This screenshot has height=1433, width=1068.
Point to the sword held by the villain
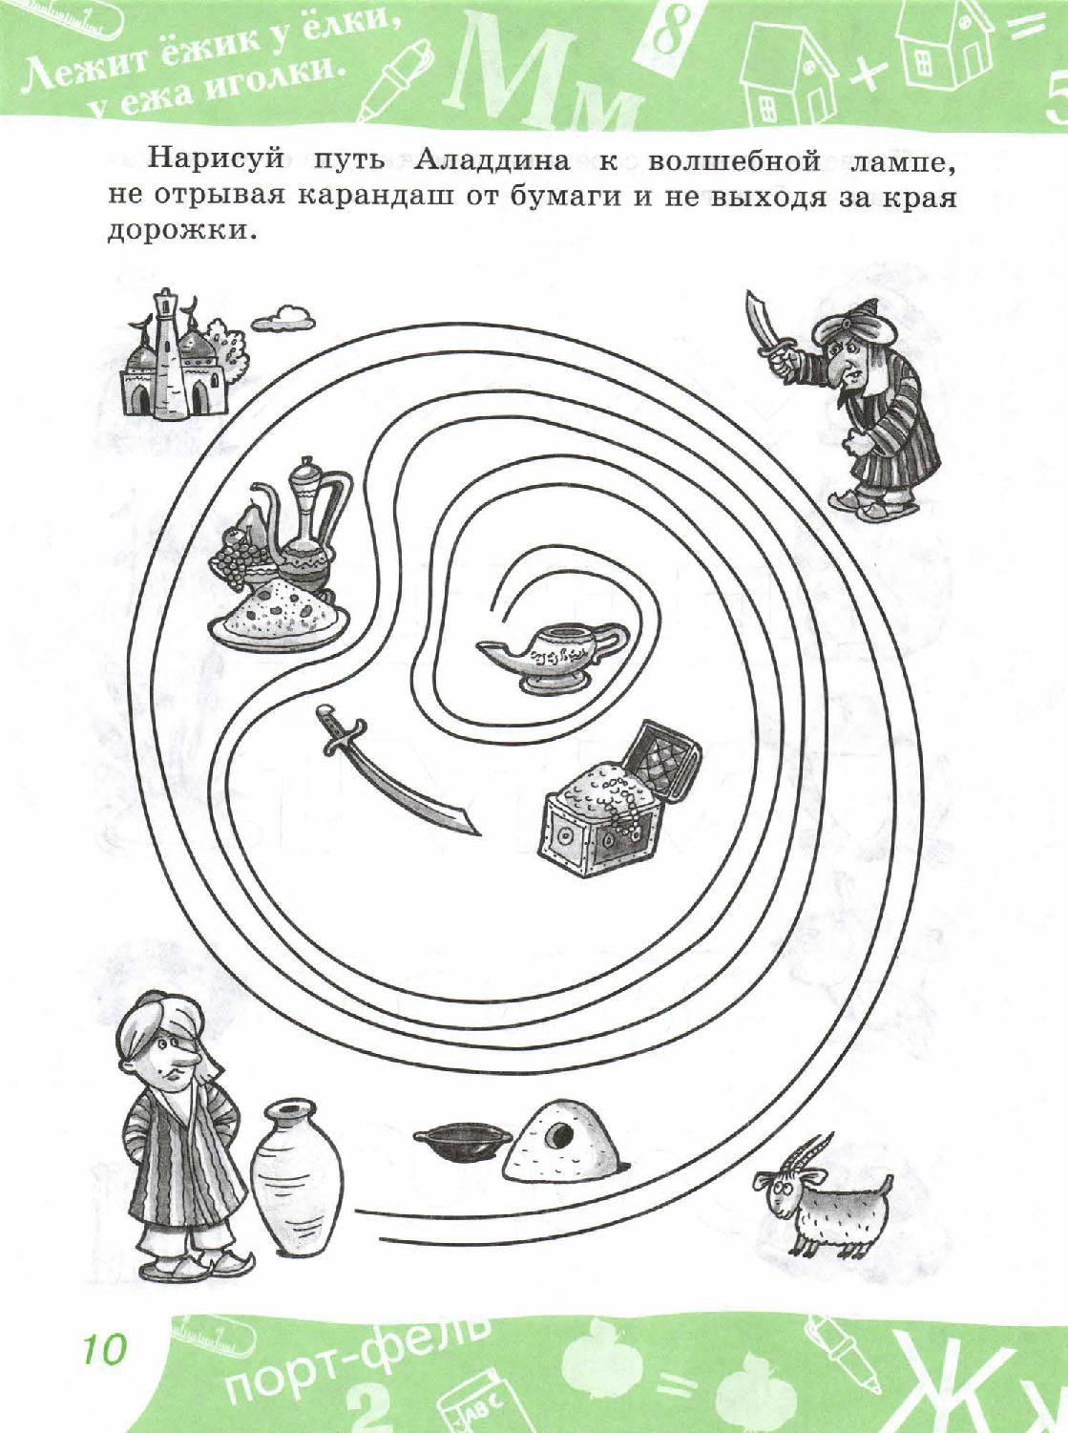point(764,325)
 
